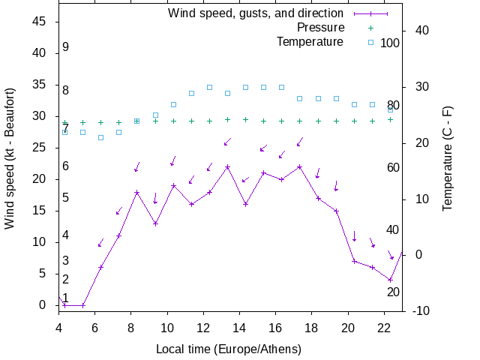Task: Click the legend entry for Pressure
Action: pyautogui.click(x=320, y=28)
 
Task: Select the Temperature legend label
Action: pyautogui.click(x=310, y=42)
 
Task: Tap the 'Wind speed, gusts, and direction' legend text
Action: pyautogui.click(x=255, y=13)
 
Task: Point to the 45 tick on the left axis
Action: pyautogui.click(x=41, y=22)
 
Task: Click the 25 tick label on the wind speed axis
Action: pyautogui.click(x=41, y=148)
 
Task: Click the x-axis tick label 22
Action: pyautogui.click(x=384, y=327)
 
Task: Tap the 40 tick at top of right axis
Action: pyautogui.click(x=421, y=31)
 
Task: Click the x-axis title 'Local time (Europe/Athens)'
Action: pyautogui.click(x=228, y=349)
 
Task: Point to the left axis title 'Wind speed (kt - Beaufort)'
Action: pyautogui.click(x=10, y=163)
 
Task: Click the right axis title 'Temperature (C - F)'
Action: pyautogui.click(x=448, y=158)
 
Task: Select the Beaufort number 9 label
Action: pyautogui.click(x=66, y=47)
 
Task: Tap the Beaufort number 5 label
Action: pyautogui.click(x=66, y=198)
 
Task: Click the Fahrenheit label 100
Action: pyautogui.click(x=390, y=43)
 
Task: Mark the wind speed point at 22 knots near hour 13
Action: pyautogui.click(x=227, y=166)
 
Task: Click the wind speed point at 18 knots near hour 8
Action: pyautogui.click(x=137, y=192)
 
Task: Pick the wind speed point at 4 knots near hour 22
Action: pyautogui.click(x=390, y=280)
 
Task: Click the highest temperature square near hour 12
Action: pyautogui.click(x=209, y=87)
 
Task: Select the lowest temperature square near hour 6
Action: pyautogui.click(x=100, y=137)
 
